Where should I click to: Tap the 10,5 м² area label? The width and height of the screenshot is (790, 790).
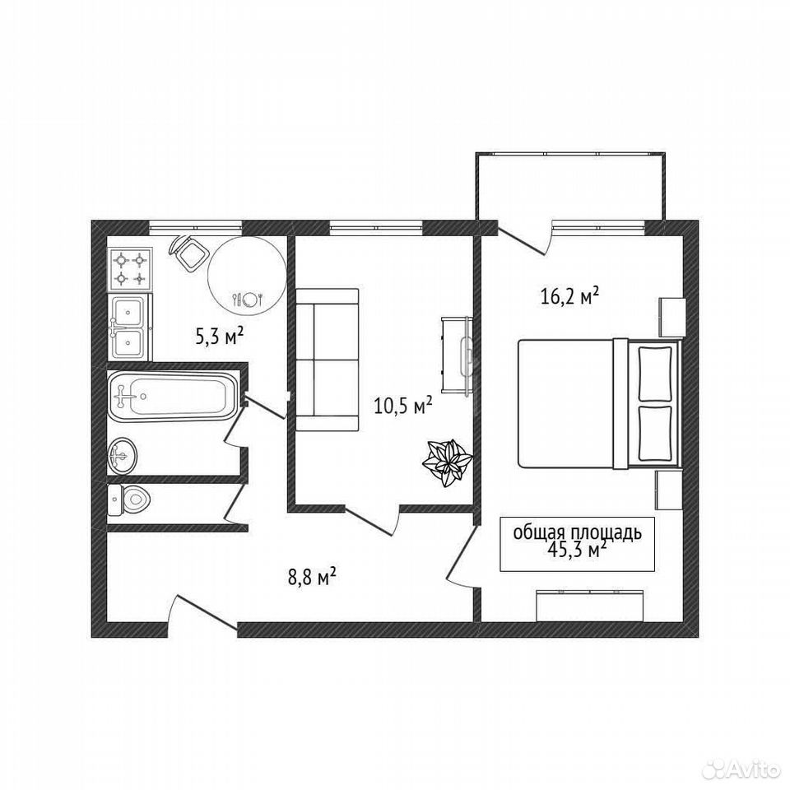[x=403, y=405]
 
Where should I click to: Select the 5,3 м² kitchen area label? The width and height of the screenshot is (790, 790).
[x=220, y=335]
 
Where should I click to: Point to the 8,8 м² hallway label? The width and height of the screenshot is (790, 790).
[x=312, y=577]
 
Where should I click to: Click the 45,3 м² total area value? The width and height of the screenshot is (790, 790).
[x=576, y=550]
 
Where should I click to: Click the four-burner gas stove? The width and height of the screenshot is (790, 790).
[x=129, y=269]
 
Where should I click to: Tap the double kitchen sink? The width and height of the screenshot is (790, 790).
[x=129, y=327]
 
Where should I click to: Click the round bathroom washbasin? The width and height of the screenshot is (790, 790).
[x=122, y=455]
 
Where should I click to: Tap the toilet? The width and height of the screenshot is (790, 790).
[x=129, y=500]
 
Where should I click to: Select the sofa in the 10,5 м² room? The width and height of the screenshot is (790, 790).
[x=327, y=360]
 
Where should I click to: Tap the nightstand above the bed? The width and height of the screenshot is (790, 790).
[x=672, y=318]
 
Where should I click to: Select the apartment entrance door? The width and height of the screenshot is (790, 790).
[x=202, y=612]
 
